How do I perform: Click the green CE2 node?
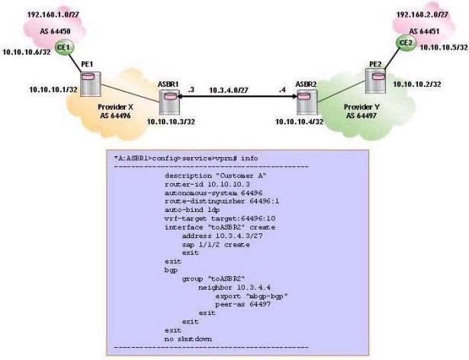(406, 43)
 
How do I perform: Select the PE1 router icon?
(91, 84)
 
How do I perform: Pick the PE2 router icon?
(376, 81)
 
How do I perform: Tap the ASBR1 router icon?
(169, 101)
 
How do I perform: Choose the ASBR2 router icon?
(307, 101)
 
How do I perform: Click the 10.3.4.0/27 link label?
(229, 90)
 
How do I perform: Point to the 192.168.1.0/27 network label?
(53, 14)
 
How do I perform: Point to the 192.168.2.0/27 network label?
(422, 14)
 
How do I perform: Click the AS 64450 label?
(56, 31)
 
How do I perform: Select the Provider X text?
(115, 107)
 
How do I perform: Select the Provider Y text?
(361, 107)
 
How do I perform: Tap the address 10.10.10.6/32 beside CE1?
(27, 52)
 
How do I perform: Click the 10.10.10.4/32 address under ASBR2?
(299, 121)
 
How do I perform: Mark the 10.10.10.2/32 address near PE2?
(416, 85)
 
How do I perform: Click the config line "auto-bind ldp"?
(192, 210)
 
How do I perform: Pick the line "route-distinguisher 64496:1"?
(222, 201)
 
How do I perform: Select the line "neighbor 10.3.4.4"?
(235, 288)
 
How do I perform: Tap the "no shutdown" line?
(188, 339)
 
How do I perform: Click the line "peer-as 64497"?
(243, 304)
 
